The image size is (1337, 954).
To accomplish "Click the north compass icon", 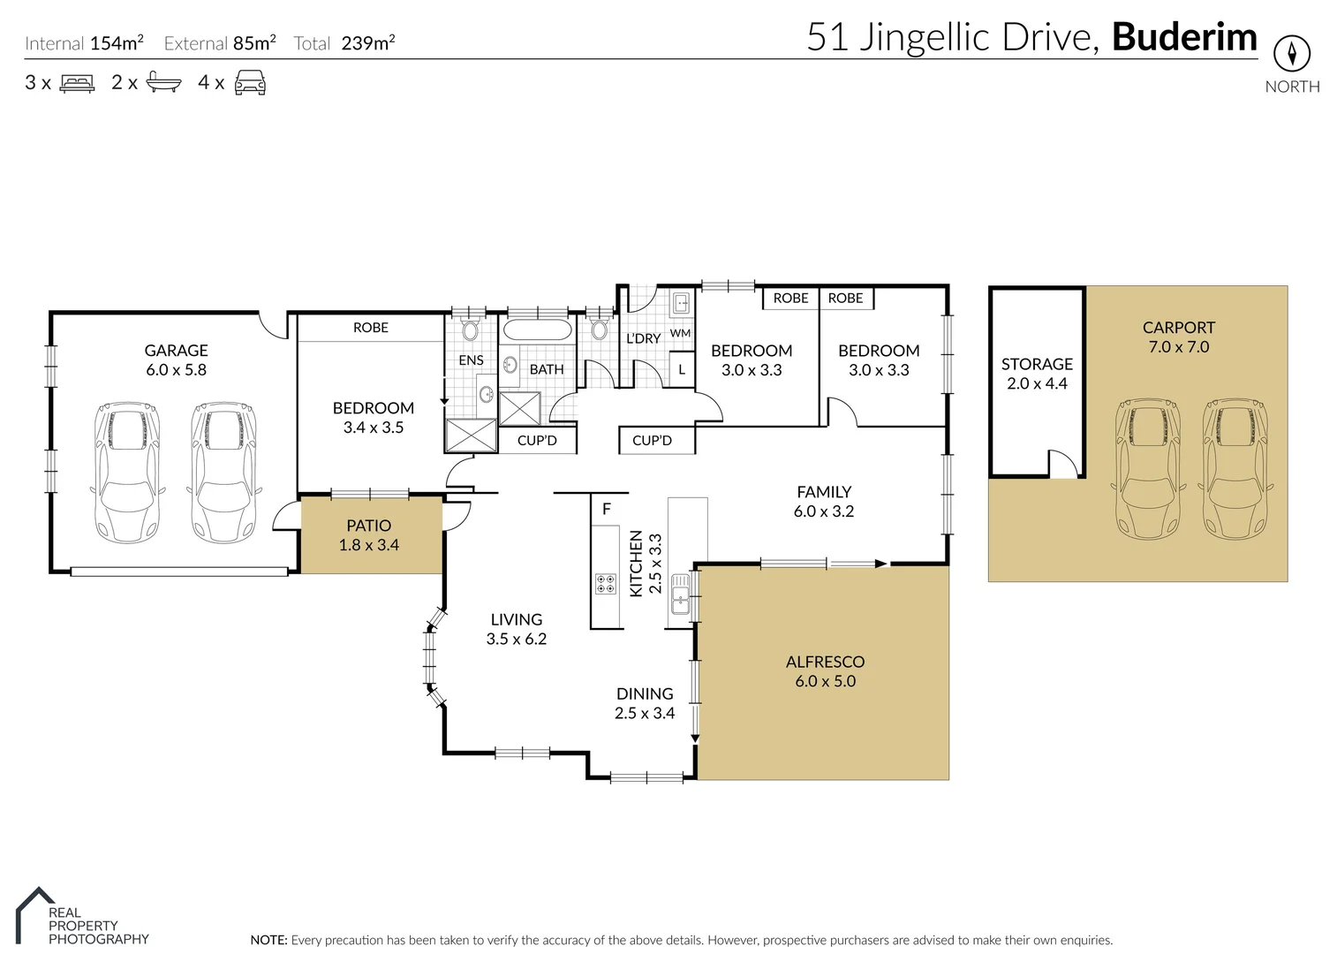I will [1291, 54].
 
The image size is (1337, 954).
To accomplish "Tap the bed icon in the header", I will [77, 84].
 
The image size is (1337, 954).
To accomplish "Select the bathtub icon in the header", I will [163, 83].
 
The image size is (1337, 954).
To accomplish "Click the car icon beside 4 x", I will [250, 83].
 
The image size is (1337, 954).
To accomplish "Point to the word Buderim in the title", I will [1183, 38].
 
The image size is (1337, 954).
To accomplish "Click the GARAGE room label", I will [176, 351].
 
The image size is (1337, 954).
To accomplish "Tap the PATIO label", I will [368, 526].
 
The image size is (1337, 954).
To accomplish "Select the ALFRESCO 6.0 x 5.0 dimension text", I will [825, 681].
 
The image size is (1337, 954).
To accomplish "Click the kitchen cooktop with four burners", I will [606, 583].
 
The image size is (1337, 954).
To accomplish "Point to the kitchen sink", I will [680, 593].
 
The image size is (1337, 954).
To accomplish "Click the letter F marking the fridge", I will [607, 509].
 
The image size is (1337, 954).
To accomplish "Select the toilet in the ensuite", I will [470, 332].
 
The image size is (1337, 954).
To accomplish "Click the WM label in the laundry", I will [680, 333].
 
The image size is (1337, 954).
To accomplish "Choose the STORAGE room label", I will [1037, 364].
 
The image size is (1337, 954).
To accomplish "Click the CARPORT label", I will [1178, 328].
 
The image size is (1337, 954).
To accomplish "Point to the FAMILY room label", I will [824, 492].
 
